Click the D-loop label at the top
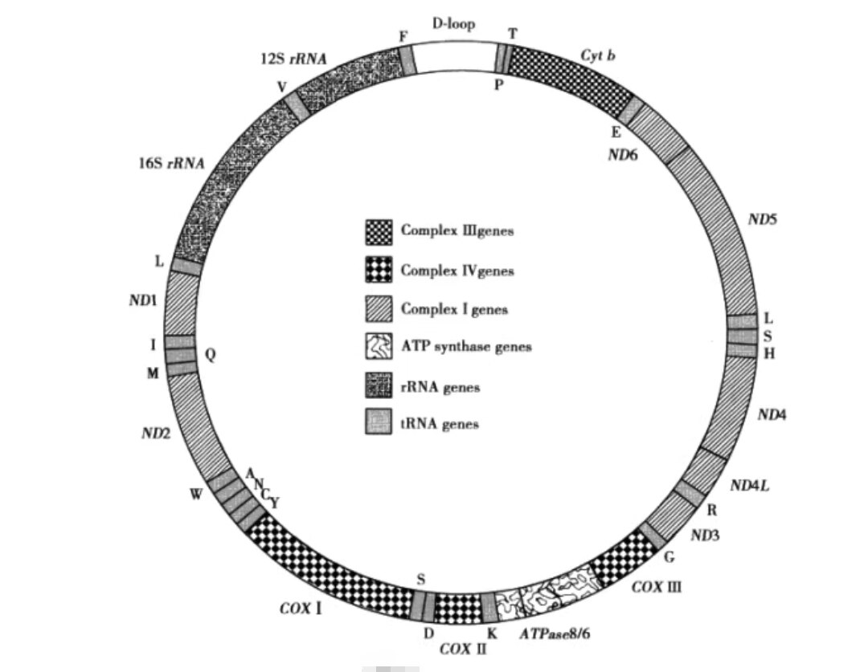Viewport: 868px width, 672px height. pyautogui.click(x=453, y=24)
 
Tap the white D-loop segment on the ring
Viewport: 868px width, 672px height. pyautogui.click(x=454, y=58)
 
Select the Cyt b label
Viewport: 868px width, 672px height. pyautogui.click(x=598, y=55)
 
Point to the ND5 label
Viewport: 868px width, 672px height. pyautogui.click(x=762, y=219)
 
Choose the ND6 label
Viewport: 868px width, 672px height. pyautogui.click(x=623, y=155)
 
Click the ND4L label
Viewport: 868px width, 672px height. pyautogui.click(x=750, y=486)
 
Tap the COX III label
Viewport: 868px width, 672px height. pyautogui.click(x=657, y=587)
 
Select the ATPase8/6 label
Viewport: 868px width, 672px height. pyautogui.click(x=555, y=633)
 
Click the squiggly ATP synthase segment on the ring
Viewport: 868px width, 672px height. pyautogui.click(x=545, y=595)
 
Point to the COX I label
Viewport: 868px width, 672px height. pyautogui.click(x=301, y=609)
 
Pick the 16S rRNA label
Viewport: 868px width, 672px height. pyautogui.click(x=171, y=164)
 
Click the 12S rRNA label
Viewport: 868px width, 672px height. pyautogui.click(x=293, y=59)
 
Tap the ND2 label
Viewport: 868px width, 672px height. pyautogui.click(x=156, y=433)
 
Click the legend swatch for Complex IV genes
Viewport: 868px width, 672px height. pyautogui.click(x=379, y=269)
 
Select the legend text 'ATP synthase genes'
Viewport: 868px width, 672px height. pyautogui.click(x=466, y=347)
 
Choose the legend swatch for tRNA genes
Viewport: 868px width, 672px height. pyautogui.click(x=379, y=422)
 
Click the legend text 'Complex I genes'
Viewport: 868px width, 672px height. pyautogui.click(x=454, y=308)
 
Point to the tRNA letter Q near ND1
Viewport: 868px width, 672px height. pyautogui.click(x=210, y=355)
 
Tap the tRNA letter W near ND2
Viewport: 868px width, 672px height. pyautogui.click(x=197, y=494)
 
